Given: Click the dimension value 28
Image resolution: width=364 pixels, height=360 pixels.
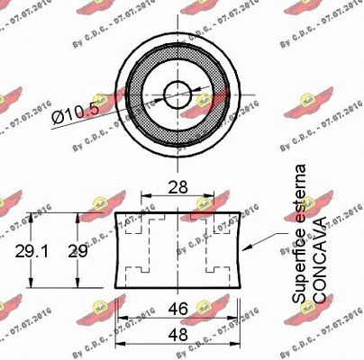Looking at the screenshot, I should pyautogui.click(x=178, y=189).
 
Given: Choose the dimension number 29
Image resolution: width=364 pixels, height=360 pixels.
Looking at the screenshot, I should pyautogui.click(x=79, y=252).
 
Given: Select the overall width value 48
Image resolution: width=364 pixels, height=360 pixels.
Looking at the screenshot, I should pyautogui.click(x=178, y=333).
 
